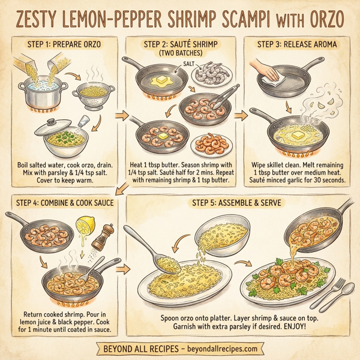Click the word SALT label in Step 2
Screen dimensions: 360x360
click(188, 62)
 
